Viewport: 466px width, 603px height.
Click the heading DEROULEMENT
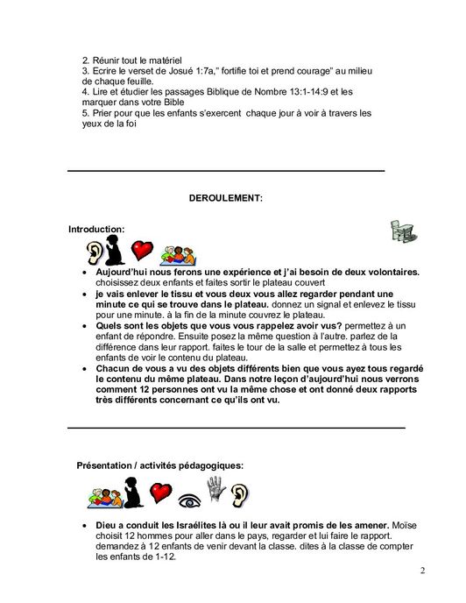point(225,199)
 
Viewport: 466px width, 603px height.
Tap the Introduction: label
point(96,229)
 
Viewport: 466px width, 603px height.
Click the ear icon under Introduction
point(94,253)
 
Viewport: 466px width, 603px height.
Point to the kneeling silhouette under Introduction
point(114,250)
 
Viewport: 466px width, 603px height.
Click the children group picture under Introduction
point(178,255)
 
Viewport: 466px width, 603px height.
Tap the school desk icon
point(402,231)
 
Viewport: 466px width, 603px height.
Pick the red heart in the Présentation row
point(159,493)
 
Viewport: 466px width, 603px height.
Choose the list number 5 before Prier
point(85,113)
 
